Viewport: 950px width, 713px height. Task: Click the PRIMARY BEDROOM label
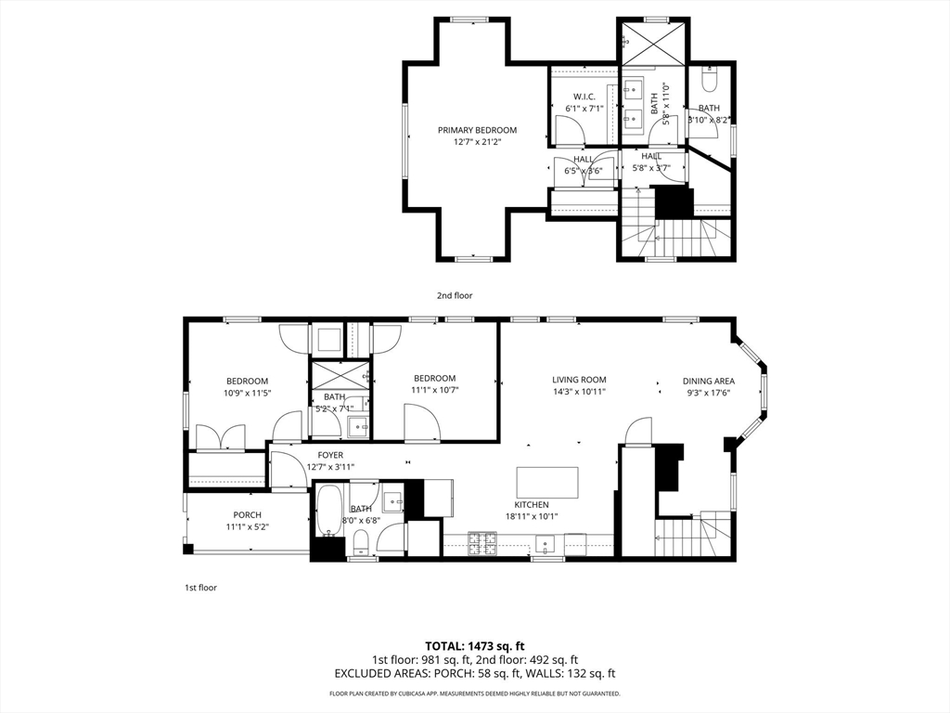[x=478, y=130]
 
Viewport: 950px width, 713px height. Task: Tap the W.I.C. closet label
[x=584, y=97]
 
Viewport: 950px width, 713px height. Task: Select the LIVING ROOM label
[x=579, y=380]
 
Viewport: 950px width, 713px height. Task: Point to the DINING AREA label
[x=709, y=381]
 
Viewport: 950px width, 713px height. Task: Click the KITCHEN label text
[x=532, y=504]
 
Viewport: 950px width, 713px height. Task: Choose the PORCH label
[x=247, y=514]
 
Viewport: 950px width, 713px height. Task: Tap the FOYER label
[x=330, y=455]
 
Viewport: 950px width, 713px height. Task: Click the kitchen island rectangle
[x=547, y=483]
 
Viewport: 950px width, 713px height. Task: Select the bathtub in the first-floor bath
[x=330, y=511]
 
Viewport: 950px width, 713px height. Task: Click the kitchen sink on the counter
[x=546, y=544]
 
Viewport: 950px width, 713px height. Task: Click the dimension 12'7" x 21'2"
[x=478, y=142]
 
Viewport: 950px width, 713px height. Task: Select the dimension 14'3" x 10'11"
[x=579, y=392]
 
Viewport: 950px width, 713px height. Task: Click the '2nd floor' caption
[x=455, y=295]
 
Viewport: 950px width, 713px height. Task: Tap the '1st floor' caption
[x=200, y=588]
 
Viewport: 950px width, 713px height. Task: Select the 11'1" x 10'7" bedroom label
[x=435, y=383]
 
